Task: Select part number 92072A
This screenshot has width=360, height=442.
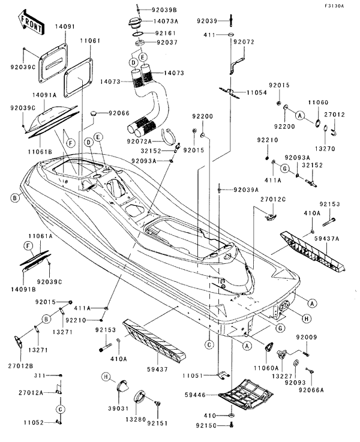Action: point(141,142)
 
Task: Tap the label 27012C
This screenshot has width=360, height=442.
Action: point(273,199)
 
